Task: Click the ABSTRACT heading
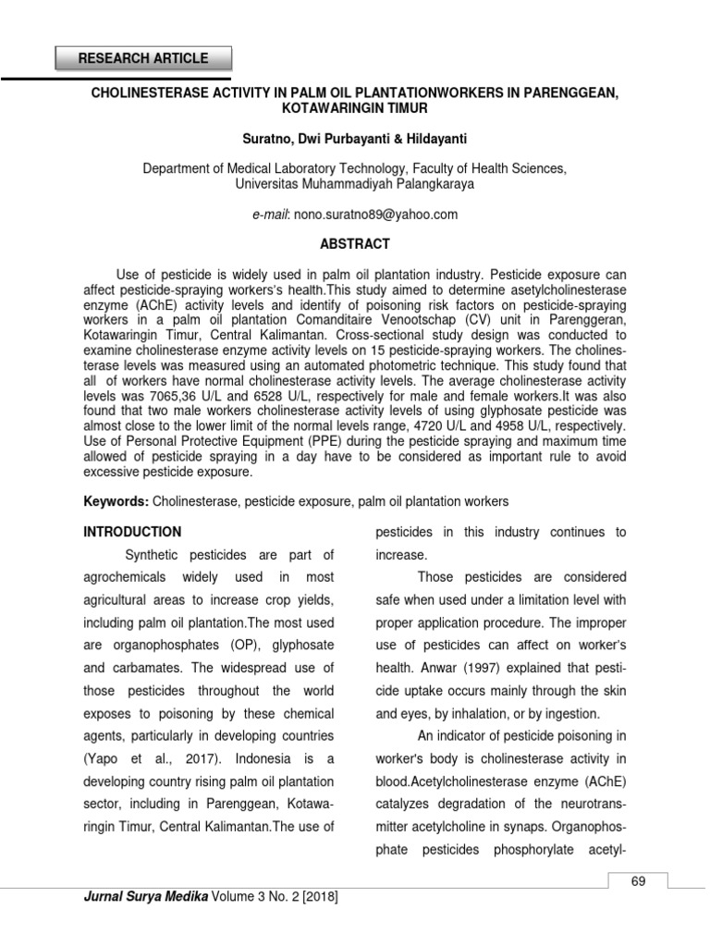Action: (355, 244)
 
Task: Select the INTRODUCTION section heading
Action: (132, 532)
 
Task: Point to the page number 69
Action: (637, 881)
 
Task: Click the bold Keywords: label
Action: (115, 501)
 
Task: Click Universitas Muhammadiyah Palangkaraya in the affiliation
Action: (355, 183)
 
